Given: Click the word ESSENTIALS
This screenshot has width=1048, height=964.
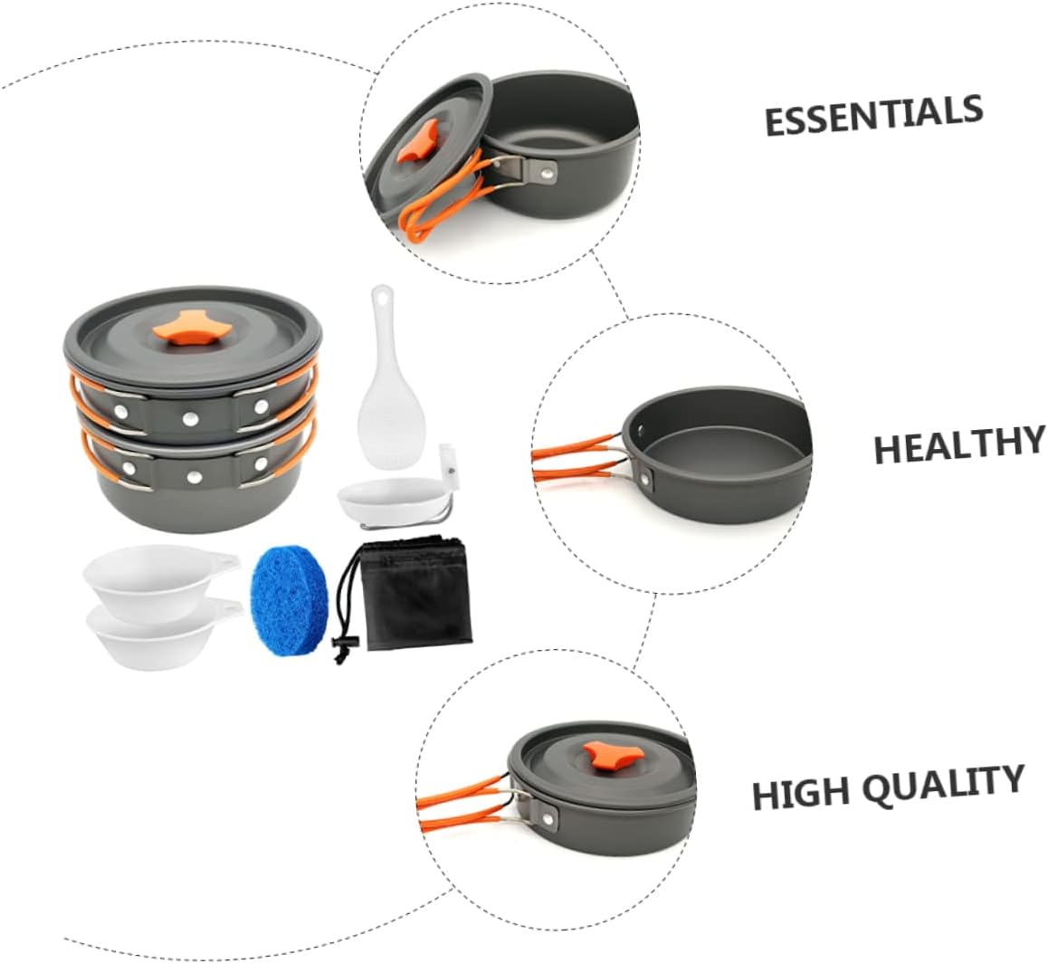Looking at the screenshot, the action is click(x=873, y=115).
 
